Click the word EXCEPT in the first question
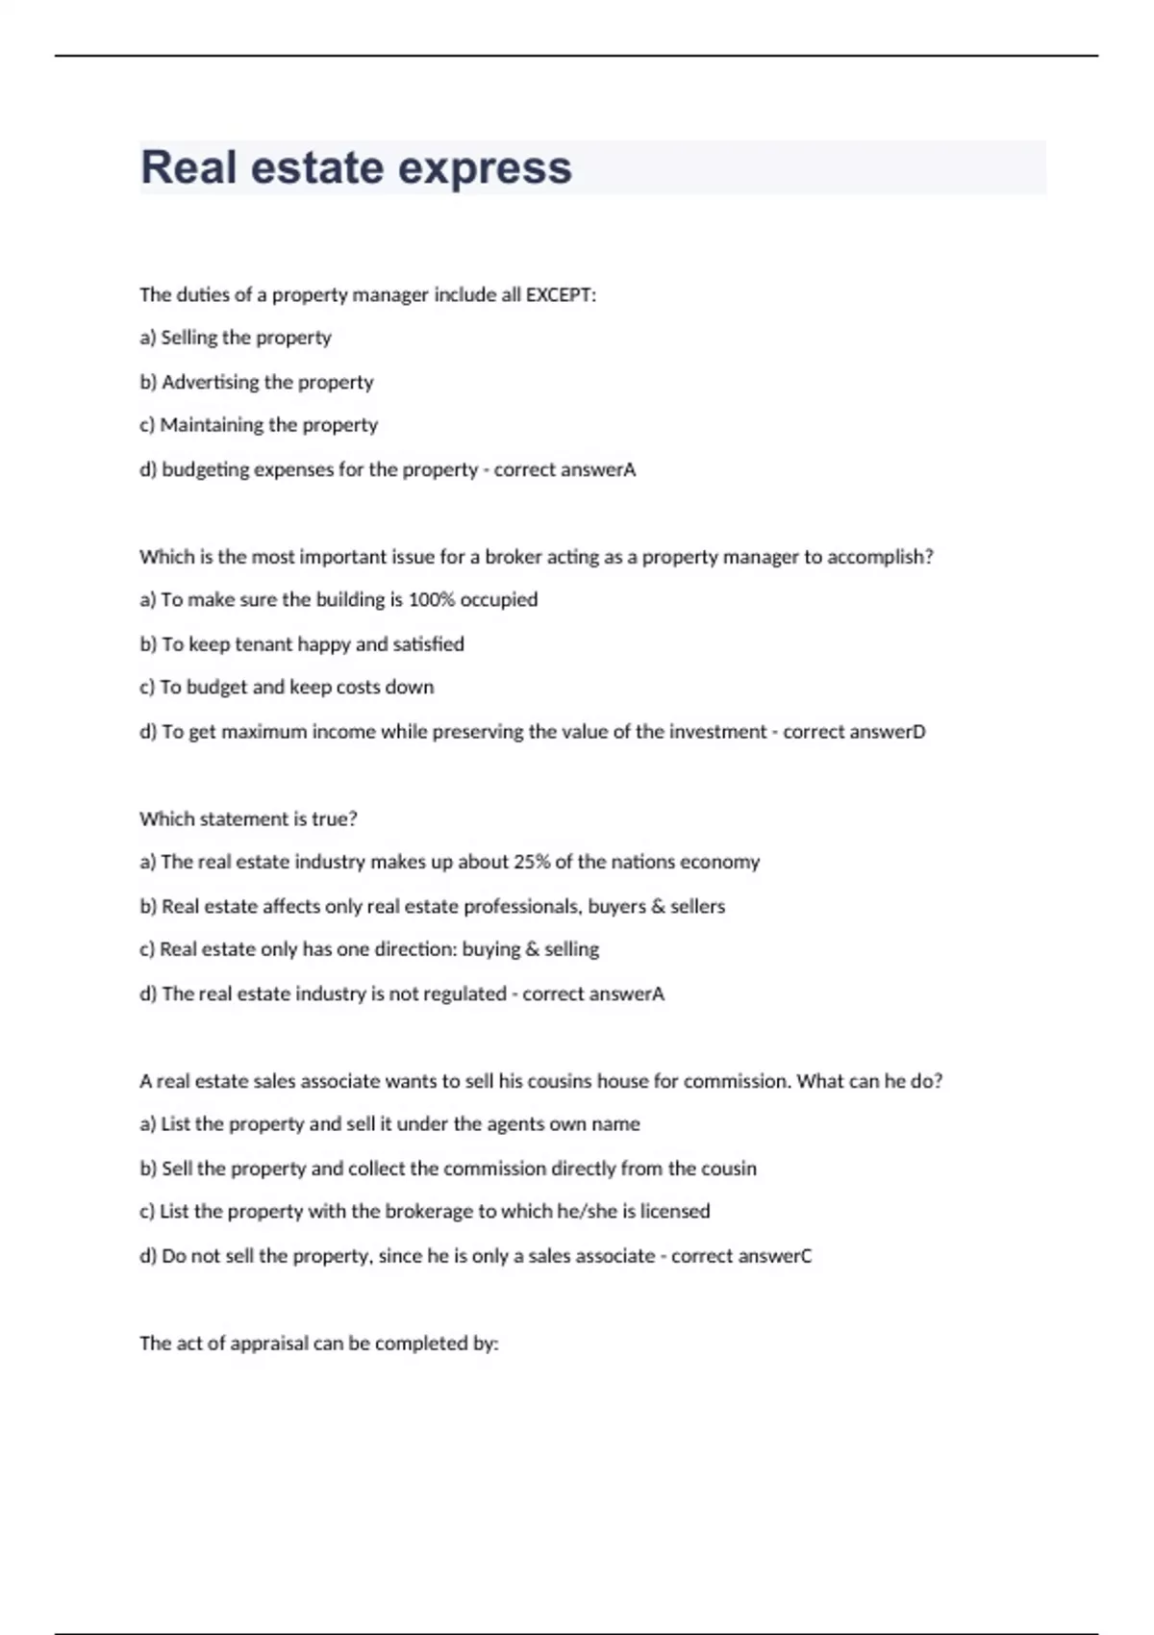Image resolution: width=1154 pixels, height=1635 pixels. tap(559, 294)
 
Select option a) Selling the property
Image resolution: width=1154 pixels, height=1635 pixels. tap(236, 338)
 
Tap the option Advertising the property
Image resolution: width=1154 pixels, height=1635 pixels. tap(257, 382)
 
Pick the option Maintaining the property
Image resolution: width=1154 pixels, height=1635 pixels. tap(259, 425)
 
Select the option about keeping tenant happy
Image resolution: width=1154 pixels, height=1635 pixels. tap(302, 643)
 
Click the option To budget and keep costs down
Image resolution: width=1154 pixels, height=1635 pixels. tap(287, 687)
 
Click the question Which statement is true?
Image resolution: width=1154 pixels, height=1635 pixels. tap(248, 818)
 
